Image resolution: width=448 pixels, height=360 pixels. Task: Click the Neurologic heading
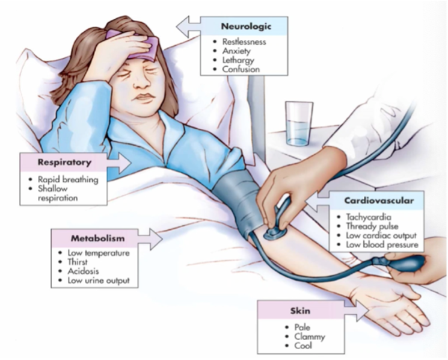(245, 26)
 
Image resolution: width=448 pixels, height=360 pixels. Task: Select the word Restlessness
(244, 42)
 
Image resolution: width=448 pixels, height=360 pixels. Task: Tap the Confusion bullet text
(241, 69)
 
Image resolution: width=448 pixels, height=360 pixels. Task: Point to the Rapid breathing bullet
(68, 179)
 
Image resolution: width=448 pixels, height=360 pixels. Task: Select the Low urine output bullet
(99, 281)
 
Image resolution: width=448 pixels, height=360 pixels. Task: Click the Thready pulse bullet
(367, 226)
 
